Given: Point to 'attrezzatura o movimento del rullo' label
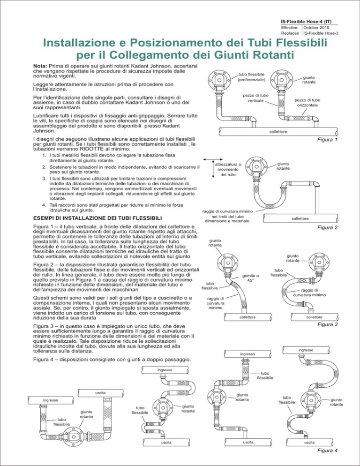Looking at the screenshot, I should [227, 169].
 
